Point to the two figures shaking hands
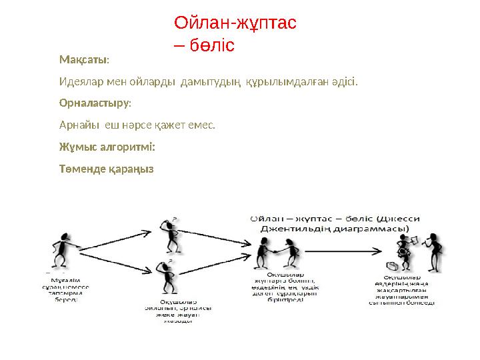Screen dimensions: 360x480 (x=279, y=250)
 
